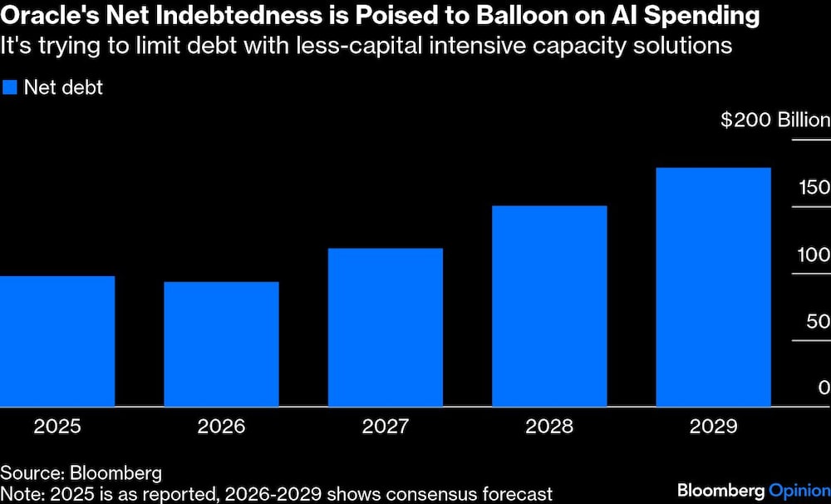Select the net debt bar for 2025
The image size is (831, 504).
(x=57, y=341)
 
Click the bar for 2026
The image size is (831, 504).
(x=221, y=344)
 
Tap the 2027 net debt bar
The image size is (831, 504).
(x=386, y=328)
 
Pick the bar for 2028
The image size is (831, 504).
(x=549, y=306)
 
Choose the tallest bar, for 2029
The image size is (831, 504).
(x=714, y=287)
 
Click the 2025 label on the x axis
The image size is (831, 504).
(x=57, y=427)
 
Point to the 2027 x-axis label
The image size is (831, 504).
(x=386, y=427)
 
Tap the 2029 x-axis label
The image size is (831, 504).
(x=714, y=427)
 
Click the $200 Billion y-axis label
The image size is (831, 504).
(x=774, y=121)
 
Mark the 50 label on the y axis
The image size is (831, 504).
(x=819, y=321)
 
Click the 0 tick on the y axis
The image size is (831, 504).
(x=824, y=388)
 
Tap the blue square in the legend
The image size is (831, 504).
(x=10, y=87)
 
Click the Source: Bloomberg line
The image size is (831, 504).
(x=81, y=473)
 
